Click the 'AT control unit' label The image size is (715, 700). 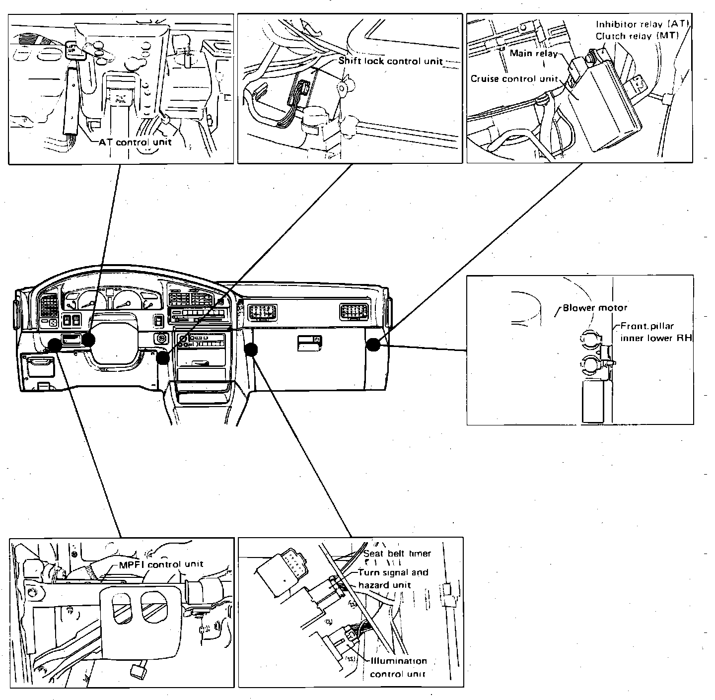coord(135,142)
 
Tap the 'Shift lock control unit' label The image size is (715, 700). coord(390,61)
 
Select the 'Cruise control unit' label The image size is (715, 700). coord(514,79)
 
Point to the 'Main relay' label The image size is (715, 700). coord(533,53)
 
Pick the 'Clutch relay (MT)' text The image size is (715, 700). coord(637,36)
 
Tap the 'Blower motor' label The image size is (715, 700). coord(595,308)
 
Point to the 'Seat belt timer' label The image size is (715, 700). coord(397,554)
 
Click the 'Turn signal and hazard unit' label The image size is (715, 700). coord(392,578)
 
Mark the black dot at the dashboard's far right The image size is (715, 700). coord(373,345)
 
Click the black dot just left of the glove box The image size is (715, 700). coord(252,350)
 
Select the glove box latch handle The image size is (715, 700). coord(308,343)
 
